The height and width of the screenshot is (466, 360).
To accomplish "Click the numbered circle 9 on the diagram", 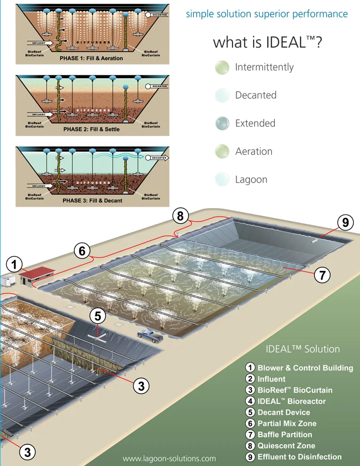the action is [x=345, y=223].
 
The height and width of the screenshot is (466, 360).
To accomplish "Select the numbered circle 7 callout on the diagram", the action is [x=322, y=275].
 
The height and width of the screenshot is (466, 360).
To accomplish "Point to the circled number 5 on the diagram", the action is [x=98, y=316].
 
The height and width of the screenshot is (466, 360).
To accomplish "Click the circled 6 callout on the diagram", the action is [x=82, y=251].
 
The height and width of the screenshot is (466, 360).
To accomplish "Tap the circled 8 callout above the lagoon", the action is [x=180, y=216].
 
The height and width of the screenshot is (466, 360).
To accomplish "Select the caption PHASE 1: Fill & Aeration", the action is [x=91, y=58].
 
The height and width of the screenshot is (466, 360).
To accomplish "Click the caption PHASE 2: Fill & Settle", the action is [x=91, y=129].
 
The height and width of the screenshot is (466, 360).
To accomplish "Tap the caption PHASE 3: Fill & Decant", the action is [x=92, y=201].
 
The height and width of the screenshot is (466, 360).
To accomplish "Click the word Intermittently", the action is [x=264, y=67].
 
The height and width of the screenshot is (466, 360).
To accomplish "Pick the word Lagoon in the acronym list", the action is [x=251, y=179].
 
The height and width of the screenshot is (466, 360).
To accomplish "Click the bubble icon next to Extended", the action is [x=222, y=124].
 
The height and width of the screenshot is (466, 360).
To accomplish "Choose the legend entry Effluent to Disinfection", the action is [x=299, y=456].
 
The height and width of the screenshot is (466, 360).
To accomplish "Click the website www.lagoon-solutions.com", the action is [x=169, y=458].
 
